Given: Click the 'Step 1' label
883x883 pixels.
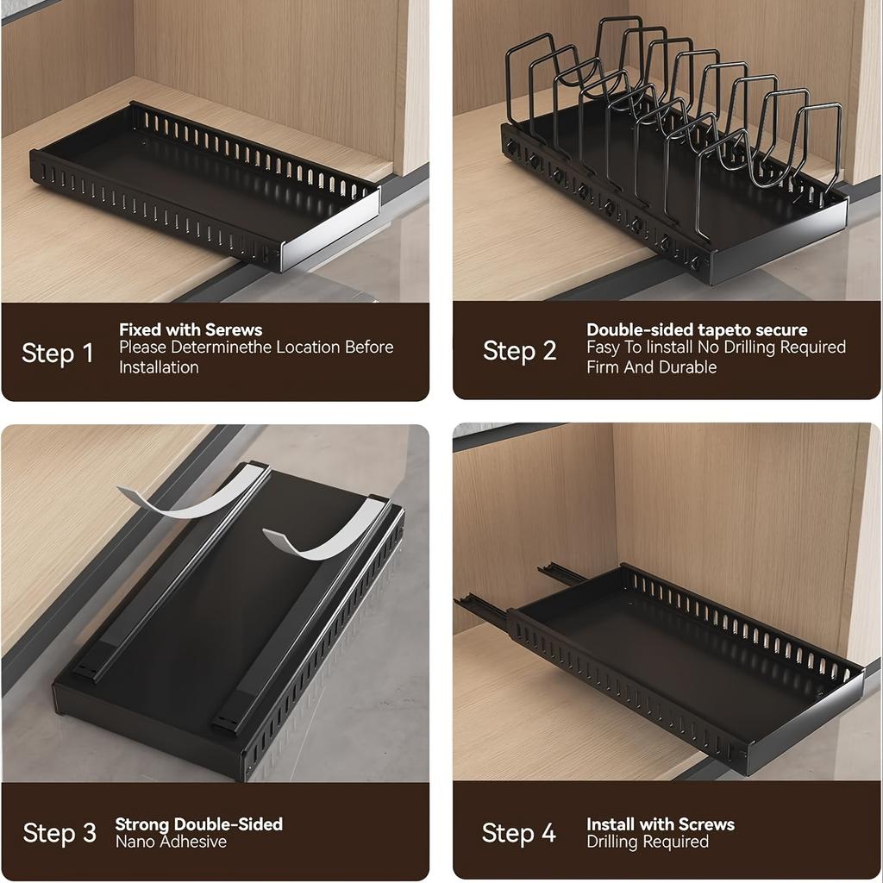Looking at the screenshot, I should (x=57, y=354).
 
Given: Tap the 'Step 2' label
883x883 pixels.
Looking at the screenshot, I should (x=519, y=352).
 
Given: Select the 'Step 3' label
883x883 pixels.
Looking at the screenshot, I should (x=59, y=833).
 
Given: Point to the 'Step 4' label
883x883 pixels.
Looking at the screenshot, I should (x=518, y=833).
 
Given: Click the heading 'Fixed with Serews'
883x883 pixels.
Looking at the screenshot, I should (x=191, y=329).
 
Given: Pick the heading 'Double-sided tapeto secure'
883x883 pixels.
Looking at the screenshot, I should (x=697, y=329).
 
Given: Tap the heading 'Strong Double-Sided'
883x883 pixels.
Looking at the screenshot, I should (x=198, y=824).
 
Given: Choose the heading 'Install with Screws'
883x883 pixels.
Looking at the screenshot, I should (x=661, y=824).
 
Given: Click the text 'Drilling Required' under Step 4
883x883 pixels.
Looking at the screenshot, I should (x=648, y=842).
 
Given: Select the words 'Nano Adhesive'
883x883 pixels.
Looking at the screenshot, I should (x=171, y=842).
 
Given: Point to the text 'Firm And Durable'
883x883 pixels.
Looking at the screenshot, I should (x=651, y=367).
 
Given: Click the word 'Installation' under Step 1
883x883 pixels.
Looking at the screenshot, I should (x=159, y=367).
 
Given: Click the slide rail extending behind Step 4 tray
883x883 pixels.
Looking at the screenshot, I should (x=483, y=607).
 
